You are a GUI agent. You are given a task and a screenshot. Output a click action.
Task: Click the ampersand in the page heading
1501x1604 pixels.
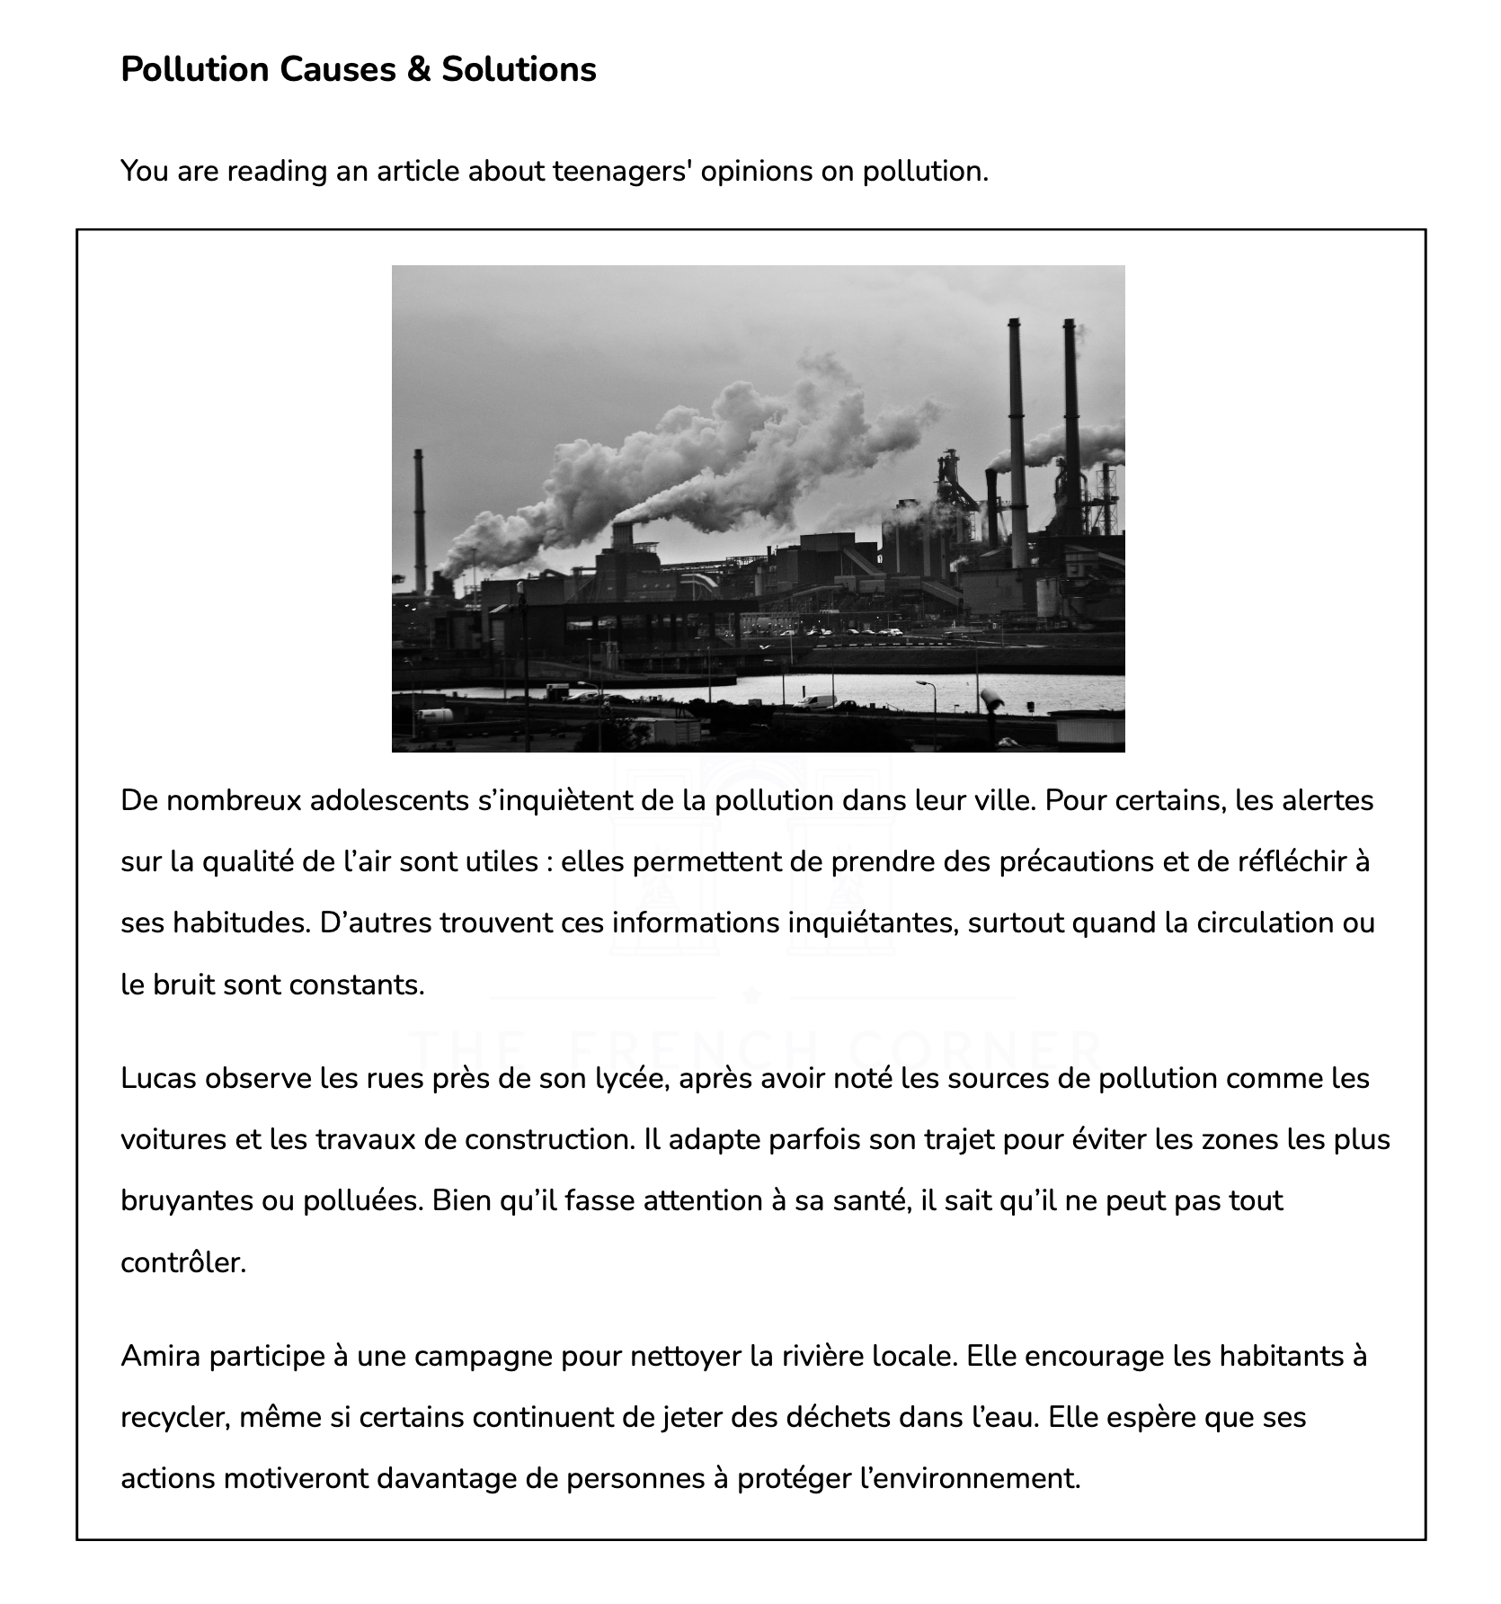pos(418,69)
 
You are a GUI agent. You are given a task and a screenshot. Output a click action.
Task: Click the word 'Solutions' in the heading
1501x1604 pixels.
pos(519,69)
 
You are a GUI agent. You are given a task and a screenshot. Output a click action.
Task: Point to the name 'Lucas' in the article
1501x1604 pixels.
pos(158,1078)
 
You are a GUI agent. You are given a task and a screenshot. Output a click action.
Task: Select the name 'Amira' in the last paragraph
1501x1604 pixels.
pos(160,1355)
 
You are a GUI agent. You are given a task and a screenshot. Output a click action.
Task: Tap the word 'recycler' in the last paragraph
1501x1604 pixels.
pos(177,1417)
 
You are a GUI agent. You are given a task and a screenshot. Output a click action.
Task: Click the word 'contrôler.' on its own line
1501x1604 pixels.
pos(183,1262)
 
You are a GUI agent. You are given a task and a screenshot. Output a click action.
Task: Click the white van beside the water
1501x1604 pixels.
pos(815,702)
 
